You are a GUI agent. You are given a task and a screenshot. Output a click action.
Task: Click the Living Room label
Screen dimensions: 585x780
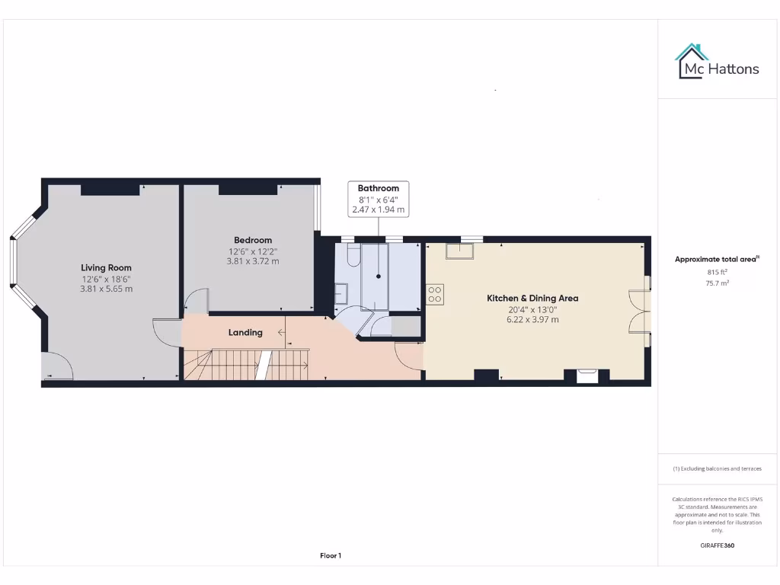click(106, 267)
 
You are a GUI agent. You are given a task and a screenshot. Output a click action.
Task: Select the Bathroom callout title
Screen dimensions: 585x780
click(379, 188)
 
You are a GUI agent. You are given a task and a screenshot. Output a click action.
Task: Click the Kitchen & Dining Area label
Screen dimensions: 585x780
click(532, 298)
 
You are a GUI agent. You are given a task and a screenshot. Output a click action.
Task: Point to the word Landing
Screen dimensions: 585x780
click(245, 332)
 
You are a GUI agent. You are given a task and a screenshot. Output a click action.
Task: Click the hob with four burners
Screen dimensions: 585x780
click(435, 294)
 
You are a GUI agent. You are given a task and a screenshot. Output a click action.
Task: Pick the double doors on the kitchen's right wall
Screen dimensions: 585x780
click(638, 312)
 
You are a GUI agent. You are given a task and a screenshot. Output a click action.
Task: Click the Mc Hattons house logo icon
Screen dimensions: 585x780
click(692, 62)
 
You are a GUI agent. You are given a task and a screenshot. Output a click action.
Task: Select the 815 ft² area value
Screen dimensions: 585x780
click(717, 272)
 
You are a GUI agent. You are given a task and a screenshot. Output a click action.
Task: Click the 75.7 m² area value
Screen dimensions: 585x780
click(717, 283)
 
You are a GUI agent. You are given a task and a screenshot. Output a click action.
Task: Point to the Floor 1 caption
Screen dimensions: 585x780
click(331, 556)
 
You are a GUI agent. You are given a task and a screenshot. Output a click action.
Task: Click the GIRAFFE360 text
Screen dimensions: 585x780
click(717, 545)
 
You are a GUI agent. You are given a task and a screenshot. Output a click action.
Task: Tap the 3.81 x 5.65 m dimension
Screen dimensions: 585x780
click(106, 289)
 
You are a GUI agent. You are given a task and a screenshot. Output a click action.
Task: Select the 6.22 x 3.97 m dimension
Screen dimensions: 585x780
click(532, 319)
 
